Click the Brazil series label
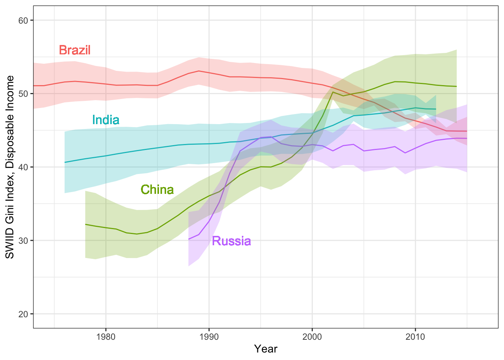pyautogui.click(x=75, y=50)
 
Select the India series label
pyautogui.click(x=106, y=120)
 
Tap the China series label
pyautogui.click(x=157, y=189)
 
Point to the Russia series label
pyautogui.click(x=231, y=241)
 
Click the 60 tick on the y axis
pyautogui.click(x=23, y=20)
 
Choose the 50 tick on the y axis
pyautogui.click(x=23, y=93)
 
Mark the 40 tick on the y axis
pyautogui.click(x=23, y=167)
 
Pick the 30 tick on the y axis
pyautogui.click(x=23, y=240)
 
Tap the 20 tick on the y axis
pyautogui.click(x=23, y=314)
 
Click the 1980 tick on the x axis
pyautogui.click(x=106, y=336)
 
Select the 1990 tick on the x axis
pyautogui.click(x=209, y=336)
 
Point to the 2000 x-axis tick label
pyautogui.click(x=312, y=336)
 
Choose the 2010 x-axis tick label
pyautogui.click(x=415, y=336)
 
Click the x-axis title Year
pyautogui.click(x=265, y=349)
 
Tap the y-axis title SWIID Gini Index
pyautogui.click(x=10, y=167)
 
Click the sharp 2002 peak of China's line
pyautogui.click(x=333, y=92)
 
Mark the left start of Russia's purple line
pyautogui.click(x=189, y=239)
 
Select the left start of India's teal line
pyautogui.click(x=65, y=162)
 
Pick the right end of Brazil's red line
pyautogui.click(x=467, y=131)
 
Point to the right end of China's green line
pyautogui.click(x=456, y=86)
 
